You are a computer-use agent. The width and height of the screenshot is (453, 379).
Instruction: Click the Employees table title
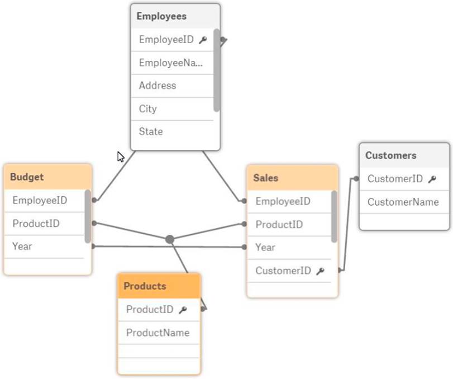click(161, 16)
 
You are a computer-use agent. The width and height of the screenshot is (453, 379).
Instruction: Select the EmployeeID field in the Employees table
click(166, 40)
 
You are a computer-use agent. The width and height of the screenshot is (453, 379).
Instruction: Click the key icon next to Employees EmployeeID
click(203, 40)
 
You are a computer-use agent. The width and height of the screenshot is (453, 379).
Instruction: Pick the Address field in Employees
click(158, 86)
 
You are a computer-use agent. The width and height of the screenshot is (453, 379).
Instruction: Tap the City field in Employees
click(148, 108)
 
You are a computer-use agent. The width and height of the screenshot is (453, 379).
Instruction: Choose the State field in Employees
click(151, 131)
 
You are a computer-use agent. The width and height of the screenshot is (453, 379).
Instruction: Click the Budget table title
click(27, 177)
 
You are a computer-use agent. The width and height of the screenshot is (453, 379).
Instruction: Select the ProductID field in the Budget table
click(36, 224)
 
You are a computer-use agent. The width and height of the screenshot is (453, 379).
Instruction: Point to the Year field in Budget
click(22, 246)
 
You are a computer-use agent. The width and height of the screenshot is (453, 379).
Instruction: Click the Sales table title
click(266, 178)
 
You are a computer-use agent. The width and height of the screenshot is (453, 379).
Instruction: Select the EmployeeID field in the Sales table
click(283, 201)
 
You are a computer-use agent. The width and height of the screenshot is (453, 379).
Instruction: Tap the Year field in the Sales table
click(265, 247)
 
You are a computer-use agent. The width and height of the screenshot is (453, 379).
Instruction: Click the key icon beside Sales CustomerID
click(320, 271)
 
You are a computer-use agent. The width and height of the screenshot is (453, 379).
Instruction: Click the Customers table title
click(391, 155)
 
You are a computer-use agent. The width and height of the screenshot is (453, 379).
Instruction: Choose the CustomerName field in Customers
click(403, 202)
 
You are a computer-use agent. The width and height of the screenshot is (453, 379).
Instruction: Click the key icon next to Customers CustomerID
click(432, 179)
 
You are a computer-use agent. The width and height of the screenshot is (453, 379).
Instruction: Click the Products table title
click(145, 286)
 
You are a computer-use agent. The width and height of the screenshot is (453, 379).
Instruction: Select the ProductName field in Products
click(158, 333)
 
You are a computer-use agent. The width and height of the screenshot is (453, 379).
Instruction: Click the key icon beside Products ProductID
click(182, 310)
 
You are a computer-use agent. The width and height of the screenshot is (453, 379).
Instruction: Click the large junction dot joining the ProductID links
click(170, 239)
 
